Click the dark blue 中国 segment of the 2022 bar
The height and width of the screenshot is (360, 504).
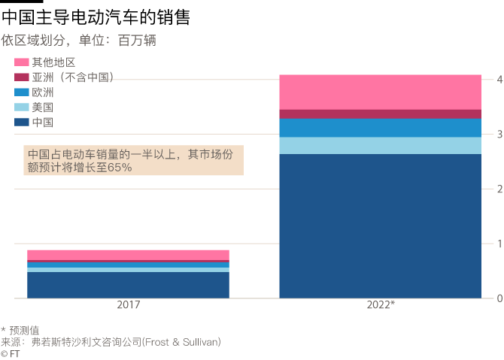pyautogui.click(x=380, y=225)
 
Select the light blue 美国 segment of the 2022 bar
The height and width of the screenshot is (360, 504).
pyautogui.click(x=380, y=146)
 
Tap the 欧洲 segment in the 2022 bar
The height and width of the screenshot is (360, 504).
pyautogui.click(x=380, y=128)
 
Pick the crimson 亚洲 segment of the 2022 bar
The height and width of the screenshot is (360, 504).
pyautogui.click(x=380, y=114)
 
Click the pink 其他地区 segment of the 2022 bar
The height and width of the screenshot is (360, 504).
pyautogui.click(x=380, y=92)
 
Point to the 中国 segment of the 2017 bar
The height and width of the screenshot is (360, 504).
pyautogui.click(x=128, y=285)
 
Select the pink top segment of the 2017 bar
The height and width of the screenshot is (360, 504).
pyautogui.click(x=128, y=255)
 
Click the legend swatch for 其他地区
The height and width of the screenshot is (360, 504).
pyautogui.click(x=21, y=62)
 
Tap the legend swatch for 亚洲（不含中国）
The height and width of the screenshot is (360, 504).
pyautogui.click(x=21, y=77)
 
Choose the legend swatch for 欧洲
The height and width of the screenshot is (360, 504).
pyautogui.click(x=21, y=92)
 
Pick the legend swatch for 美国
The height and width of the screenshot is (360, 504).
pyautogui.click(x=21, y=107)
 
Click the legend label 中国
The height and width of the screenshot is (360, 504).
pyautogui.click(x=42, y=123)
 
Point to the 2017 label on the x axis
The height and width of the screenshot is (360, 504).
pyautogui.click(x=128, y=305)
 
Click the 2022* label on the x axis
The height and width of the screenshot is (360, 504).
pyautogui.click(x=381, y=305)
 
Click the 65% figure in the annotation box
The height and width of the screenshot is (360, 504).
pyautogui.click(x=120, y=168)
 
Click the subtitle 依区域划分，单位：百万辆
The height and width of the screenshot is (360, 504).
pyautogui.click(x=78, y=41)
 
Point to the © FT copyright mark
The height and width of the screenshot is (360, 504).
pyautogui.click(x=11, y=353)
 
